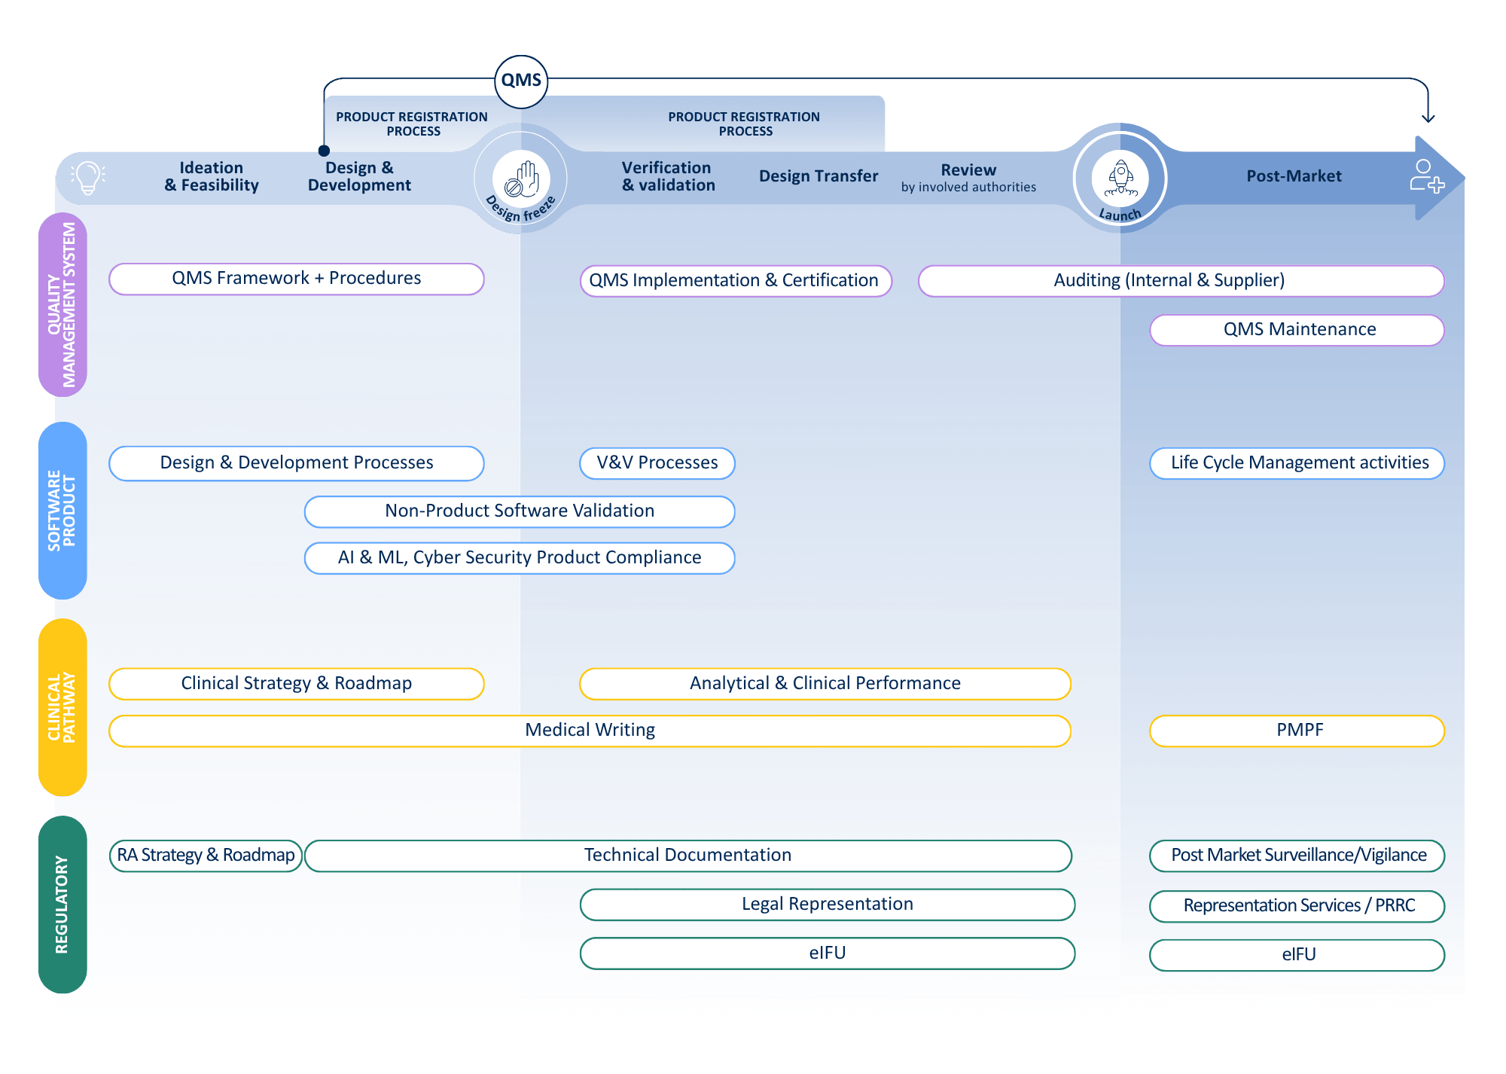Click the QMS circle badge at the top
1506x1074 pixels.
click(521, 81)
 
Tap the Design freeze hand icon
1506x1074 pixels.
click(521, 178)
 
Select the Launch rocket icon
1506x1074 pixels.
click(1120, 178)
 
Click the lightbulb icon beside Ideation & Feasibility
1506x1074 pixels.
click(88, 178)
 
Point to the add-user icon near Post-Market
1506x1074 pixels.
click(1426, 176)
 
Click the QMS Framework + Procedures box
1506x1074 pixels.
click(296, 279)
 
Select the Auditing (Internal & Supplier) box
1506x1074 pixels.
click(1181, 281)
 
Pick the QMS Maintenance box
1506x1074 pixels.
click(1297, 330)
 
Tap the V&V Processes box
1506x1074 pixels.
click(657, 463)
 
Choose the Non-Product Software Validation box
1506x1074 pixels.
click(519, 511)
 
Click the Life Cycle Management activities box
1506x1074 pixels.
click(1297, 463)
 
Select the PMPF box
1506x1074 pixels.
click(1297, 731)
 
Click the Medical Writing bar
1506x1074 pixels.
click(590, 731)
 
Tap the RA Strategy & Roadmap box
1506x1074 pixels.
click(206, 856)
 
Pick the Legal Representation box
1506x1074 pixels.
click(827, 905)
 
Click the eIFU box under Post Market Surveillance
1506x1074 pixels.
click(1297, 955)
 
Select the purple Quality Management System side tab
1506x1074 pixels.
click(62, 304)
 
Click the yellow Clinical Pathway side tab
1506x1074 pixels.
click(62, 708)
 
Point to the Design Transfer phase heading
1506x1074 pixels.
click(818, 176)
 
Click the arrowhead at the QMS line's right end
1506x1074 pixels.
click(1428, 118)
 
